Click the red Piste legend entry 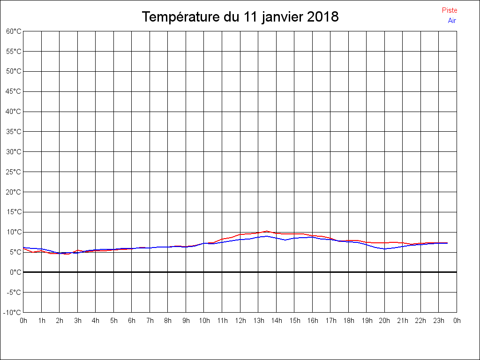449,10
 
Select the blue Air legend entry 452,21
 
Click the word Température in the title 180,17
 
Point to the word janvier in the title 281,17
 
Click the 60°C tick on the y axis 14,31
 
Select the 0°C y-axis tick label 16,272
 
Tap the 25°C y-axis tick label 14,172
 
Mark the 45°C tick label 14,91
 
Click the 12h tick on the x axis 240,321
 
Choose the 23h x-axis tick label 439,321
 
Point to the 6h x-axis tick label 132,321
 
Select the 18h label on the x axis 348,321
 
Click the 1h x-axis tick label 41,321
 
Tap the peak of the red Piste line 267,231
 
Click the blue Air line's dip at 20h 384,249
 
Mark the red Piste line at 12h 240,234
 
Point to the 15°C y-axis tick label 14,212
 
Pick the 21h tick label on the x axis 403,321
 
